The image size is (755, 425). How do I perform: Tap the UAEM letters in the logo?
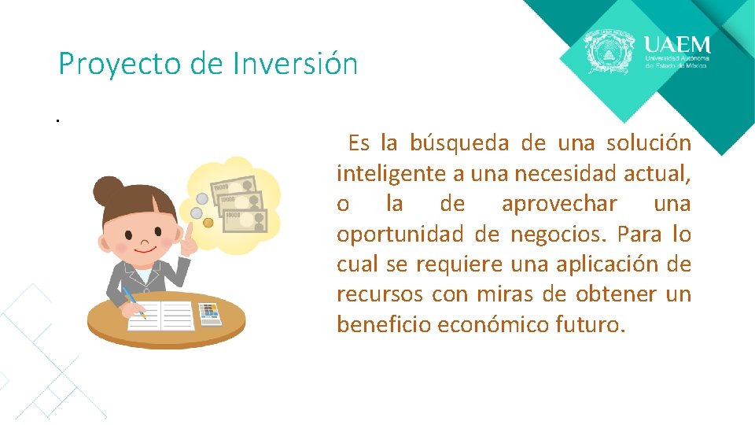[x=676, y=44]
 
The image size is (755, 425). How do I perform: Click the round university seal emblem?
[x=609, y=53]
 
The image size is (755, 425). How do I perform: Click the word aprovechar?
[x=559, y=204]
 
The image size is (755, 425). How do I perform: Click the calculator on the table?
[x=209, y=313]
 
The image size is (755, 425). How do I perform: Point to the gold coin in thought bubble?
[x=208, y=223]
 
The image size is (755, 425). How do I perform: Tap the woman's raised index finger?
[x=189, y=231]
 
